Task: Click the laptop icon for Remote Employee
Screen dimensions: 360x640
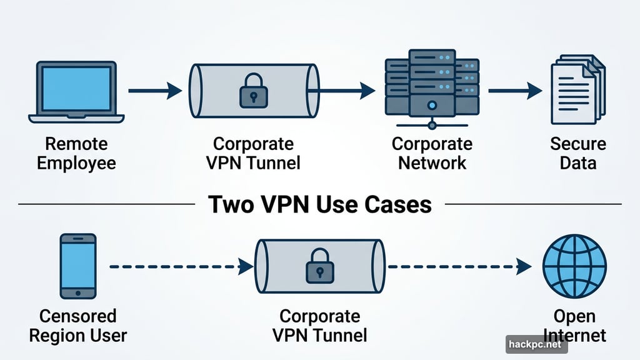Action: (77, 91)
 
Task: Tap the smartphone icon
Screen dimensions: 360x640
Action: (78, 266)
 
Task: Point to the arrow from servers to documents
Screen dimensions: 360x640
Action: (514, 91)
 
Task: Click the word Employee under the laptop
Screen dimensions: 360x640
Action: (77, 164)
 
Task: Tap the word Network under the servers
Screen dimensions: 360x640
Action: (432, 164)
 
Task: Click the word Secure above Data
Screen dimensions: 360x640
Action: (578, 144)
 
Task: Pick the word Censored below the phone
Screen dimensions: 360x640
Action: (78, 316)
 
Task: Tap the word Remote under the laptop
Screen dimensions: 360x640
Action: (77, 144)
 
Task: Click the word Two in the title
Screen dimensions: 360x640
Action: (229, 204)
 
